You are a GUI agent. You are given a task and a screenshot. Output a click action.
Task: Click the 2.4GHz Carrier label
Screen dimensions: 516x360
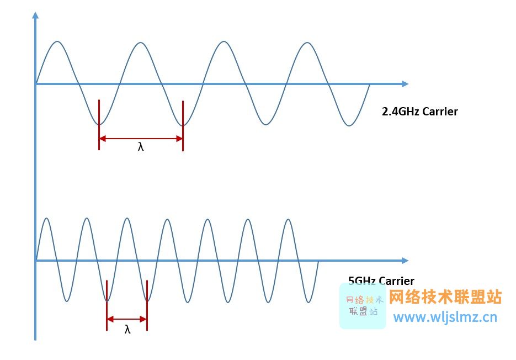[x=419, y=112]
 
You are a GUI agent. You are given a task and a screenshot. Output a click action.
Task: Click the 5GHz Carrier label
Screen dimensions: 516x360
[x=381, y=281]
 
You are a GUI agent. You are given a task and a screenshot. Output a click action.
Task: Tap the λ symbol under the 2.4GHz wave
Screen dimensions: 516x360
[x=141, y=147]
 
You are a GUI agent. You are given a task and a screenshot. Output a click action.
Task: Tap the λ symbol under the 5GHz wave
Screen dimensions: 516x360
[x=127, y=330]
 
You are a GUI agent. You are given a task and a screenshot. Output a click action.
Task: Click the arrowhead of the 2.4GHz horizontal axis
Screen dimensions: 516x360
[x=405, y=84]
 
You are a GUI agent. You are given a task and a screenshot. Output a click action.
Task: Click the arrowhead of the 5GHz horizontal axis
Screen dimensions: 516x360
[x=405, y=261]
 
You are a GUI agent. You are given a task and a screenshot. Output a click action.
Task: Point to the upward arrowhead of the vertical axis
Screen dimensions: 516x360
[x=35, y=15]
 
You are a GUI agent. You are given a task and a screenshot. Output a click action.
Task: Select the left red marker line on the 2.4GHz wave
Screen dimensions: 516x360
[x=99, y=125]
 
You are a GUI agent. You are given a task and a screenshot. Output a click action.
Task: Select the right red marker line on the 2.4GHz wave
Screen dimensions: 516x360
[x=183, y=125]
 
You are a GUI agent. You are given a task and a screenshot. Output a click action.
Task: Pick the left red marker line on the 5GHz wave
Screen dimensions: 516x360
[x=107, y=305]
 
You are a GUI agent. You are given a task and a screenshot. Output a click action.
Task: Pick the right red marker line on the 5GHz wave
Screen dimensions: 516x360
[x=147, y=305]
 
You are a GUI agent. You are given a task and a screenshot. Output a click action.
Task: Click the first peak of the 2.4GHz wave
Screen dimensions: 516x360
[x=57, y=41]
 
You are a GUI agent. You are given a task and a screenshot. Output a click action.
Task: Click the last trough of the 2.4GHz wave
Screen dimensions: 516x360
[x=349, y=125]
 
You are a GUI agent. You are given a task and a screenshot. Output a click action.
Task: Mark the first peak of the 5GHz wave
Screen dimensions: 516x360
[x=46, y=219]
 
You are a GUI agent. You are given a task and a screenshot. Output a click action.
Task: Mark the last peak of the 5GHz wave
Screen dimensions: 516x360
[x=288, y=219]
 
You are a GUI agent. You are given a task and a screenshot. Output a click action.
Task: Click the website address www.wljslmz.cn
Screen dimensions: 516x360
[x=445, y=317]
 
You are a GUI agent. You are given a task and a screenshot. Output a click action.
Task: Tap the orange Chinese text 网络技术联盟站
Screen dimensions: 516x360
[x=445, y=297]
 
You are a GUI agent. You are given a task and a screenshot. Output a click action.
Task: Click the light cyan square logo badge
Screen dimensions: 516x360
[x=363, y=306]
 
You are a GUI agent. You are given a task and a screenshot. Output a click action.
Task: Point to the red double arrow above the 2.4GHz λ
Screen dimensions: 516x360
[x=141, y=139]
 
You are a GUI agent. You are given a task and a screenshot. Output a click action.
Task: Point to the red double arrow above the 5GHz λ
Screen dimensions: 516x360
[x=127, y=319]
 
